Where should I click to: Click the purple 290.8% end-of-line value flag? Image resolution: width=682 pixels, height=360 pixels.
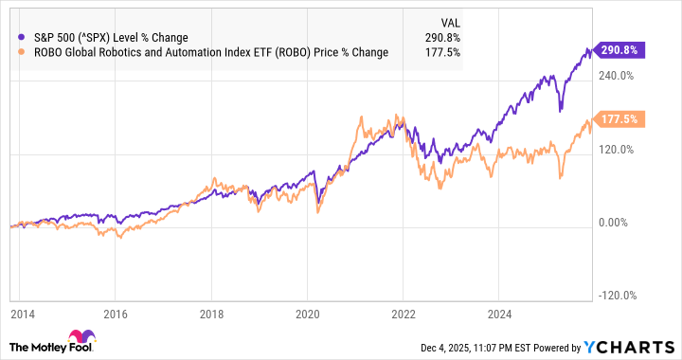tap(610, 49)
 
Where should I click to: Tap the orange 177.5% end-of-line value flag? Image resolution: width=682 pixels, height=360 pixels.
tap(610, 119)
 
